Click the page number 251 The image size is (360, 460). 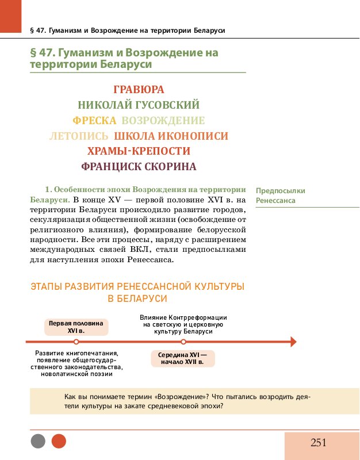[319, 442]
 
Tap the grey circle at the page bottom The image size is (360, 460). [38, 442]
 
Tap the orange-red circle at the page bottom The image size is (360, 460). [59, 442]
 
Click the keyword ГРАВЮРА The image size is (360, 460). [139, 90]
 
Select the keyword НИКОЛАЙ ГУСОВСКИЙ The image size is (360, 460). [139, 105]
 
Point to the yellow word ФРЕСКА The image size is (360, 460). [94, 121]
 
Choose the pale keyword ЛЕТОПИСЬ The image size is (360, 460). [79, 136]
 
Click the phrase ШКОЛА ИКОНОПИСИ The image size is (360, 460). [171, 136]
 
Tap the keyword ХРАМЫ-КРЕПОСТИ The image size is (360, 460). [139, 151]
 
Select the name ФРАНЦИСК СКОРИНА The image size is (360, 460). [139, 167]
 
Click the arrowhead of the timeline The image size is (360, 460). [293, 342]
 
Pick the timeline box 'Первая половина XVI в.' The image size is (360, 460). [76, 327]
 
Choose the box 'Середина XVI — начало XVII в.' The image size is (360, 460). [182, 358]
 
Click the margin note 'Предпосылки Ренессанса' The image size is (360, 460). [281, 195]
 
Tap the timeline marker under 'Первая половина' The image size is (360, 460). [76, 342]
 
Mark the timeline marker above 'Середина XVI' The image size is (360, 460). [183, 342]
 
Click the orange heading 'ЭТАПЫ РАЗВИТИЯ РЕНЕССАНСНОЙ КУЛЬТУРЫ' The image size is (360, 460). [137, 286]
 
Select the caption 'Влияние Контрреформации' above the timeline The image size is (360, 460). [183, 317]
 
